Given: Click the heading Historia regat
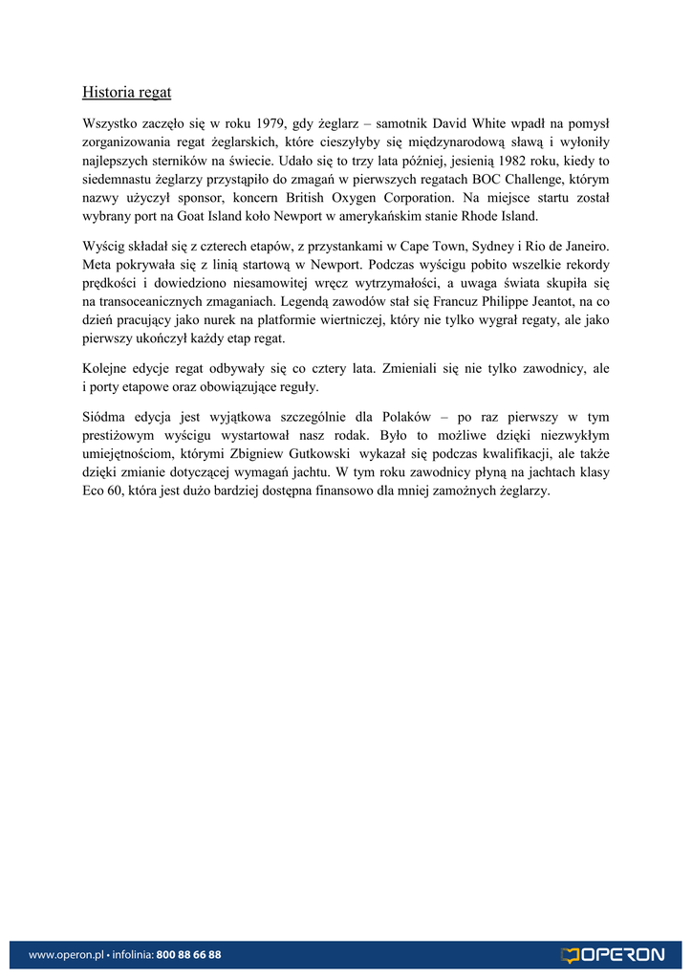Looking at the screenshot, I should point(126,93).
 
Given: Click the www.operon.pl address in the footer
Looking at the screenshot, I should point(65,954).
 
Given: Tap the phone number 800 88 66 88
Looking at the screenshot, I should point(188,954).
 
